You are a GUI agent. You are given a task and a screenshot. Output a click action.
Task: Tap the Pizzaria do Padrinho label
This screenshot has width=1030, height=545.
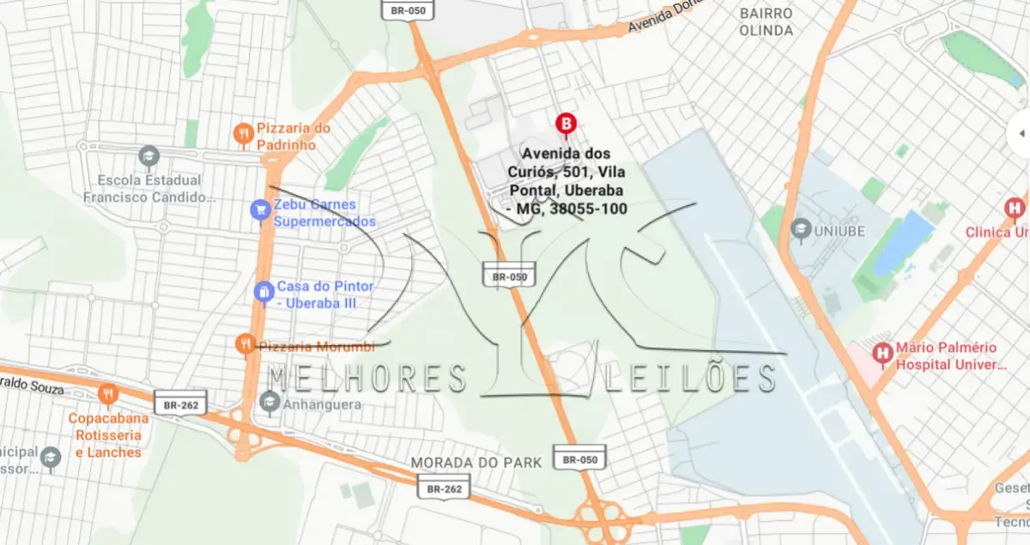point(294,136)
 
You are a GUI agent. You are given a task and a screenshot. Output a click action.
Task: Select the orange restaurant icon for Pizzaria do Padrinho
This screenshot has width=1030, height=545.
point(244,133)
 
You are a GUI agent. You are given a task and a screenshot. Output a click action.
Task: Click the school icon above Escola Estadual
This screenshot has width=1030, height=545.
point(148,157)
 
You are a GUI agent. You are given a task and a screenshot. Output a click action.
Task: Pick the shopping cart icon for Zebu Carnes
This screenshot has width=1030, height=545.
point(259,209)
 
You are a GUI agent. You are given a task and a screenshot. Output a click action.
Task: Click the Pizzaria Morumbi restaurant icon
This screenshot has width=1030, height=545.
point(245,344)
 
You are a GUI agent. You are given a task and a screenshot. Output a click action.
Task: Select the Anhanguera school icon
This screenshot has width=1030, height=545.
point(270,402)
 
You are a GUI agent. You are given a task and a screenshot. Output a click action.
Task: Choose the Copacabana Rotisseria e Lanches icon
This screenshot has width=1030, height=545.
point(107,395)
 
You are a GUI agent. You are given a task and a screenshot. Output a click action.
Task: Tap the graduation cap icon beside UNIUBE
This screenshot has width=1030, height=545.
point(801,229)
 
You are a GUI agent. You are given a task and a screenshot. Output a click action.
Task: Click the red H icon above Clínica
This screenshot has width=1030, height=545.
point(1015,209)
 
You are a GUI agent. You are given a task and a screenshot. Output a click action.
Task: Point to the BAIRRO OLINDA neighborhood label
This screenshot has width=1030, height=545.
point(766,22)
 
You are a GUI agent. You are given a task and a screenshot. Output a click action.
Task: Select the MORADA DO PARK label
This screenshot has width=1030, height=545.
point(476,463)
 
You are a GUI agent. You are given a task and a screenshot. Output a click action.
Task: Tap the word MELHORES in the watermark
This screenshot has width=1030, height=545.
point(368,378)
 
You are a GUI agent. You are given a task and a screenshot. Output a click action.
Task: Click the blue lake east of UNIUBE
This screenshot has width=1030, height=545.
point(903,242)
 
